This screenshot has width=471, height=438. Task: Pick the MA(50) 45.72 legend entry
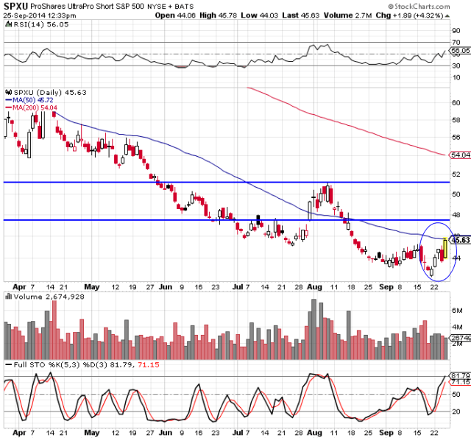click(33, 99)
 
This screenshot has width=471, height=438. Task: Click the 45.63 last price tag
click(460, 240)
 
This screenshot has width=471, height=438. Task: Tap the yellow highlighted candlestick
click(445, 248)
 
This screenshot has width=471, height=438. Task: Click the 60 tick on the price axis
click(456, 103)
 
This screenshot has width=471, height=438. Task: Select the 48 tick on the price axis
click(456, 215)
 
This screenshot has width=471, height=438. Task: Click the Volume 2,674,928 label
click(43, 296)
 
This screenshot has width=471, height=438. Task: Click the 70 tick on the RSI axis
click(456, 42)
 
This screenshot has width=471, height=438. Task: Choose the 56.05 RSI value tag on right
click(460, 51)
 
